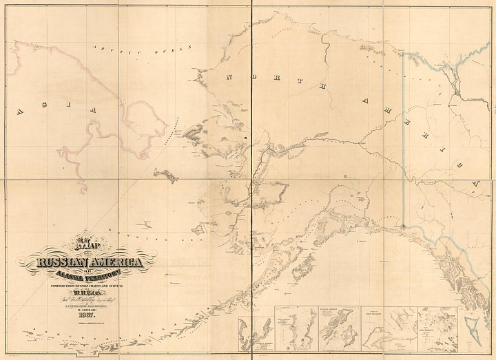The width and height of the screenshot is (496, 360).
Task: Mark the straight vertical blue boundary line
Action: [x=404, y=138]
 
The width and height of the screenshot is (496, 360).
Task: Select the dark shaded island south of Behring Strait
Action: [x=166, y=175]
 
